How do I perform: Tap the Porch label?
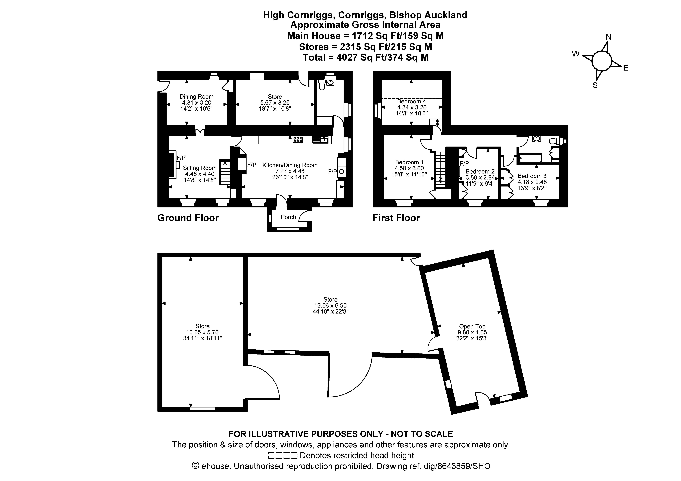(x=288, y=217)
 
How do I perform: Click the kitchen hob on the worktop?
(x=298, y=140)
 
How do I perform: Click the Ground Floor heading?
(x=188, y=218)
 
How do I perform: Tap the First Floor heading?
(x=396, y=218)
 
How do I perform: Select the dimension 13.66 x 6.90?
(x=330, y=305)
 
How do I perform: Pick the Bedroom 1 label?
(x=409, y=162)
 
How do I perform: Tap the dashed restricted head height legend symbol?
(x=282, y=455)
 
